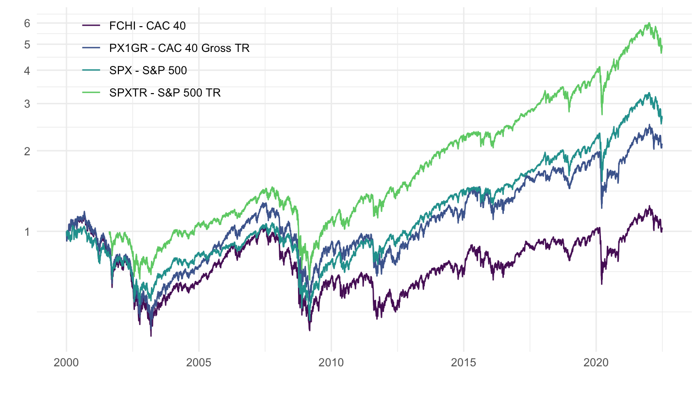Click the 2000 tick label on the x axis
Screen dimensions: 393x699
[x=67, y=363]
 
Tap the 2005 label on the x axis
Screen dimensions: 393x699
[x=199, y=363]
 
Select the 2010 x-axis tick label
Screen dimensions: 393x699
[x=331, y=363]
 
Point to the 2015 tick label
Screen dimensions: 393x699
[x=464, y=363]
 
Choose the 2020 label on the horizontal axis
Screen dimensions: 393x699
[x=596, y=363]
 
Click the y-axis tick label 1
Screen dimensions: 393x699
[x=27, y=231]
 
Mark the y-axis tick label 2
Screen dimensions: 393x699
[x=27, y=151]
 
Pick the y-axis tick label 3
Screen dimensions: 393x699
[x=27, y=103]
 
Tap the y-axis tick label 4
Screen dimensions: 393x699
[x=27, y=70]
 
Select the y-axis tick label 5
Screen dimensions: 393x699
[x=27, y=44]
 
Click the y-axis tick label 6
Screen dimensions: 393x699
[x=27, y=23]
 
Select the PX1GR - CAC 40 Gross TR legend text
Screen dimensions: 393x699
[x=179, y=48]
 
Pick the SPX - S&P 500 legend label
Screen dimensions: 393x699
[x=148, y=70]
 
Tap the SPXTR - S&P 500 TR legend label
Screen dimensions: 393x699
[x=165, y=93]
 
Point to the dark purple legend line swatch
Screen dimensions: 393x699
[x=92, y=26]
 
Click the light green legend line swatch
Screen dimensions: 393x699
[x=92, y=93]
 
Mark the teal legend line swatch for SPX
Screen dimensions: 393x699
[x=92, y=70]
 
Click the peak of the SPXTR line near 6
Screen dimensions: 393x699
[x=649, y=23]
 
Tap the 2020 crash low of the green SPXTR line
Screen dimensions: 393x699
[x=602, y=115]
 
